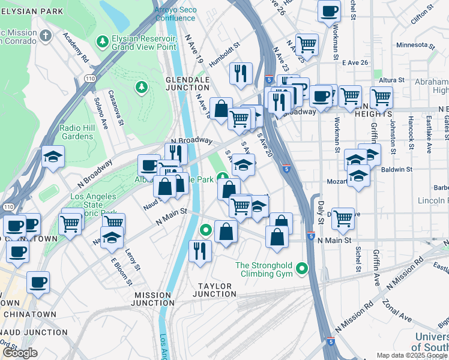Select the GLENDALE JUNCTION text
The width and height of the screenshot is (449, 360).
point(187,83)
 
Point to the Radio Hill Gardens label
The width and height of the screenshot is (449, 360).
point(76,131)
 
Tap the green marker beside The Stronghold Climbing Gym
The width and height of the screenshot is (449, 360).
point(302,269)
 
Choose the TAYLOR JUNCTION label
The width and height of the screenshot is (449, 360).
point(214,290)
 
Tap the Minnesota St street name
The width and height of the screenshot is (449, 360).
point(414,46)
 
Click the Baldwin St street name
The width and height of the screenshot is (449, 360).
point(397,170)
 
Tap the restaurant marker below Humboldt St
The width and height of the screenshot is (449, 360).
point(241,74)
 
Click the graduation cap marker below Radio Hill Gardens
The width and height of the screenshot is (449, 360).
point(53,157)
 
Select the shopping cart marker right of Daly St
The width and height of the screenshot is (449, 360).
point(343,219)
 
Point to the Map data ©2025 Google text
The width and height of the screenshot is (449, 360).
point(411,355)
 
